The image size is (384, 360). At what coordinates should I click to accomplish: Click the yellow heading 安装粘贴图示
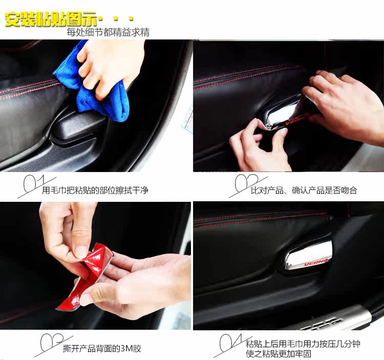click(51, 19)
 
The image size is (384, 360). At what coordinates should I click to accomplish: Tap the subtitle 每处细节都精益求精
click(108, 32)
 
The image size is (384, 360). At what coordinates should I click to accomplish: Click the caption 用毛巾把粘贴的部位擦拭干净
click(95, 190)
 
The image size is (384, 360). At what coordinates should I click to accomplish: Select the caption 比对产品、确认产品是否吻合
click(304, 190)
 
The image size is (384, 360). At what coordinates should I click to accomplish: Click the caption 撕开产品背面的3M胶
click(102, 349)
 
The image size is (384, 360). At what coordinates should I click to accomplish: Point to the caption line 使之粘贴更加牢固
click(279, 354)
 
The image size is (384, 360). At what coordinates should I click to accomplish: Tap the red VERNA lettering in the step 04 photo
click(316, 262)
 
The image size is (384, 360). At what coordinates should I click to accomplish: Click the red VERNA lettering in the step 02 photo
click(294, 120)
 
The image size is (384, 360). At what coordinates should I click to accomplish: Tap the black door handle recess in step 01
click(73, 128)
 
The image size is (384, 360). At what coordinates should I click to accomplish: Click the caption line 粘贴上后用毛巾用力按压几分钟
click(303, 344)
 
